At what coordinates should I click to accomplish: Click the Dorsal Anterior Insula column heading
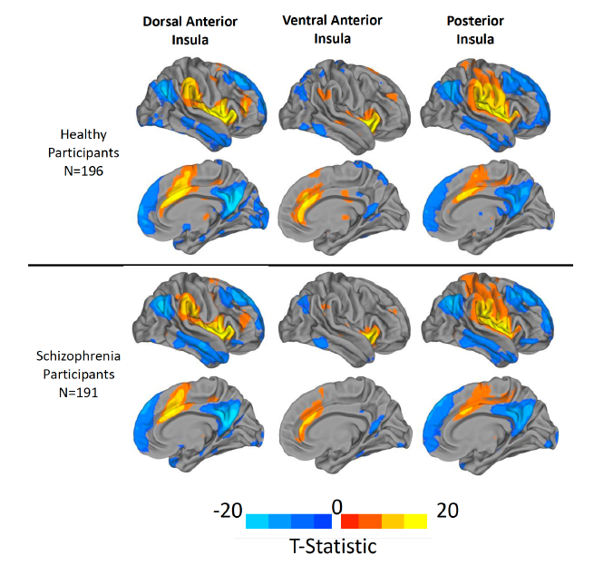(186, 30)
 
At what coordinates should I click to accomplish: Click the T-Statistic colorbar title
(336, 547)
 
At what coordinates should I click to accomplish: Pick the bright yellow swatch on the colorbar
(416, 521)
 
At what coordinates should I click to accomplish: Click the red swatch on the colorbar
(348, 521)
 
